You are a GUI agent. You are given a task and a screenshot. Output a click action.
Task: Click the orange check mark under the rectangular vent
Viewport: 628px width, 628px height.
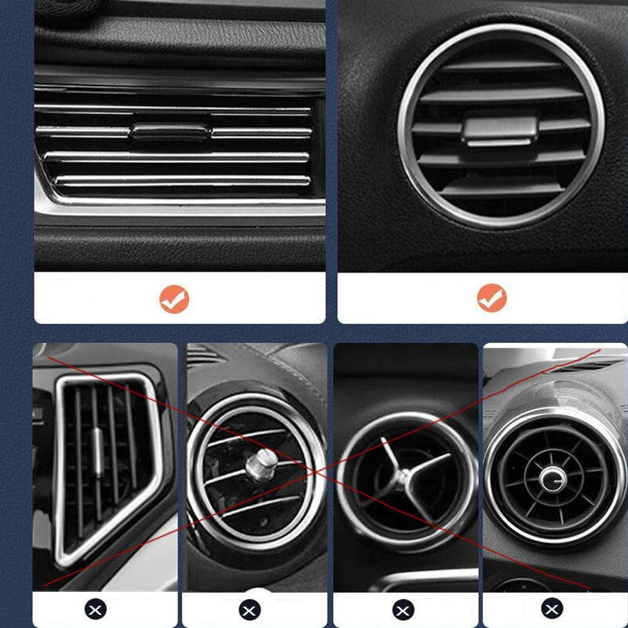point(174,298)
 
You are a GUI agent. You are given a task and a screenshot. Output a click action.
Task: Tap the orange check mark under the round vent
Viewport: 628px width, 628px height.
point(491,298)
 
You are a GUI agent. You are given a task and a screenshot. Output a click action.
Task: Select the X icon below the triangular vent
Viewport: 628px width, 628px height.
point(95,608)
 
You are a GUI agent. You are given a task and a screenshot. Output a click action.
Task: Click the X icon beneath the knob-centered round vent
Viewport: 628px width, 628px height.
point(249,608)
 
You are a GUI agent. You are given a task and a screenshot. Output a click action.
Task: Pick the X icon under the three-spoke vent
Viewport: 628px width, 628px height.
point(403,608)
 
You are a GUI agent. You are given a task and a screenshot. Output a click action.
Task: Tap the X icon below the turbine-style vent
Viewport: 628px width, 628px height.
point(553,608)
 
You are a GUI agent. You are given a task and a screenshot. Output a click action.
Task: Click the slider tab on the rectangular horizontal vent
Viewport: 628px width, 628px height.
point(170,131)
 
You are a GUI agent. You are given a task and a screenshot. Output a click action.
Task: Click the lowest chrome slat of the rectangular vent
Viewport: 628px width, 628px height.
point(181,181)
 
